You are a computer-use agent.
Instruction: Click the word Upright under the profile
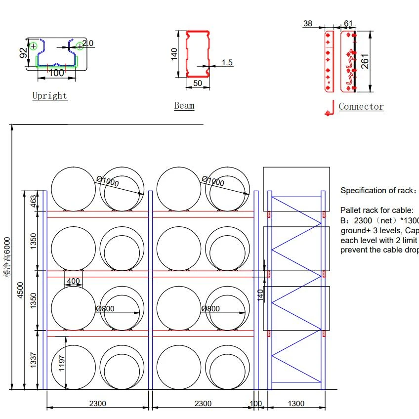[x=49, y=95]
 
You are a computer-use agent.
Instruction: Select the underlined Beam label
[x=184, y=105]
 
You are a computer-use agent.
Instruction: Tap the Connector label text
[x=361, y=106]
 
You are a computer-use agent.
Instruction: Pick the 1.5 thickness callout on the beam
[x=227, y=62]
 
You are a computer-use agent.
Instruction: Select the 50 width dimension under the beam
[x=197, y=83]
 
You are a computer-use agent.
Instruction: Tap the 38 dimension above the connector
[x=307, y=23]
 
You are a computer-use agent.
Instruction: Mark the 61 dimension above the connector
[x=348, y=24]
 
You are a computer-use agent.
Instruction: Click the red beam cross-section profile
[x=197, y=54]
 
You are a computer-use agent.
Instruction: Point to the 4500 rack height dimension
[x=20, y=290]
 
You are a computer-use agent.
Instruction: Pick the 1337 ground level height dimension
[x=34, y=359]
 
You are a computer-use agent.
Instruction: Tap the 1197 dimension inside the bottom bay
[x=62, y=363]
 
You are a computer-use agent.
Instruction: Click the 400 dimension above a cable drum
[x=73, y=281]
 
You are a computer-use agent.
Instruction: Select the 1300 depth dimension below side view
[x=295, y=403]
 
